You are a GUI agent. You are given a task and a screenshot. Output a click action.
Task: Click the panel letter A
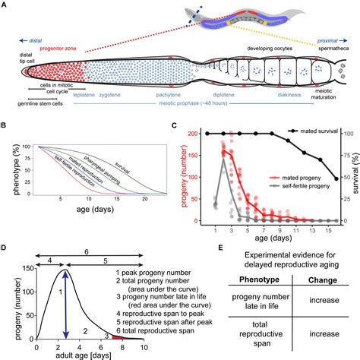tap(5, 6)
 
